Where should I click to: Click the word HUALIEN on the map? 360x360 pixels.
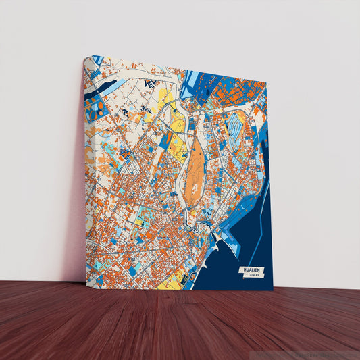click(x=251, y=270)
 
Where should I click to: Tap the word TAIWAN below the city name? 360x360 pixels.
click(x=253, y=276)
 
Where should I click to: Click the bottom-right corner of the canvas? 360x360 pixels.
click(x=273, y=290)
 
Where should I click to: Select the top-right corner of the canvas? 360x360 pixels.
click(x=266, y=84)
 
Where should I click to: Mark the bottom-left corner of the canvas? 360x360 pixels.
click(x=86, y=282)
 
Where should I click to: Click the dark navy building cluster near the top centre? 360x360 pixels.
click(x=150, y=83)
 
